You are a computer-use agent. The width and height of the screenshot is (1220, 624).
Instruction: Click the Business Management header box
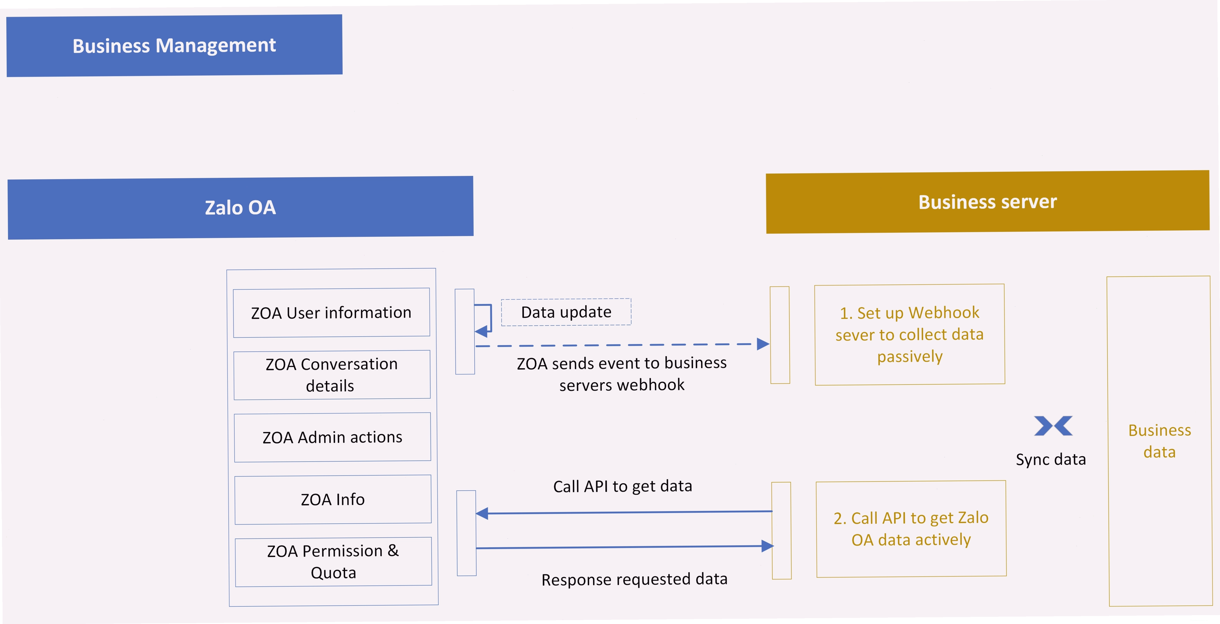(174, 46)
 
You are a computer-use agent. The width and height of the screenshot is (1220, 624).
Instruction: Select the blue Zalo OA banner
(240, 208)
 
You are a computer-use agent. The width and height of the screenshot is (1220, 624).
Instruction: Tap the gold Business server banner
(988, 202)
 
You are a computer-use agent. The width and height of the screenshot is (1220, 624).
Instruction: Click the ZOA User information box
(332, 313)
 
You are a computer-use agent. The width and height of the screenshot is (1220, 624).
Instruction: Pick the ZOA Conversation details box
(332, 375)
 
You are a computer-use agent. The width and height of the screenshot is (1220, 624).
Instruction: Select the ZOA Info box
(333, 499)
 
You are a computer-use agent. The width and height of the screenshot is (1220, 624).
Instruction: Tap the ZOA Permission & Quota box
(334, 562)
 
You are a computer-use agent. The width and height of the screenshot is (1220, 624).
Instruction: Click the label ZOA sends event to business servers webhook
(622, 374)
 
